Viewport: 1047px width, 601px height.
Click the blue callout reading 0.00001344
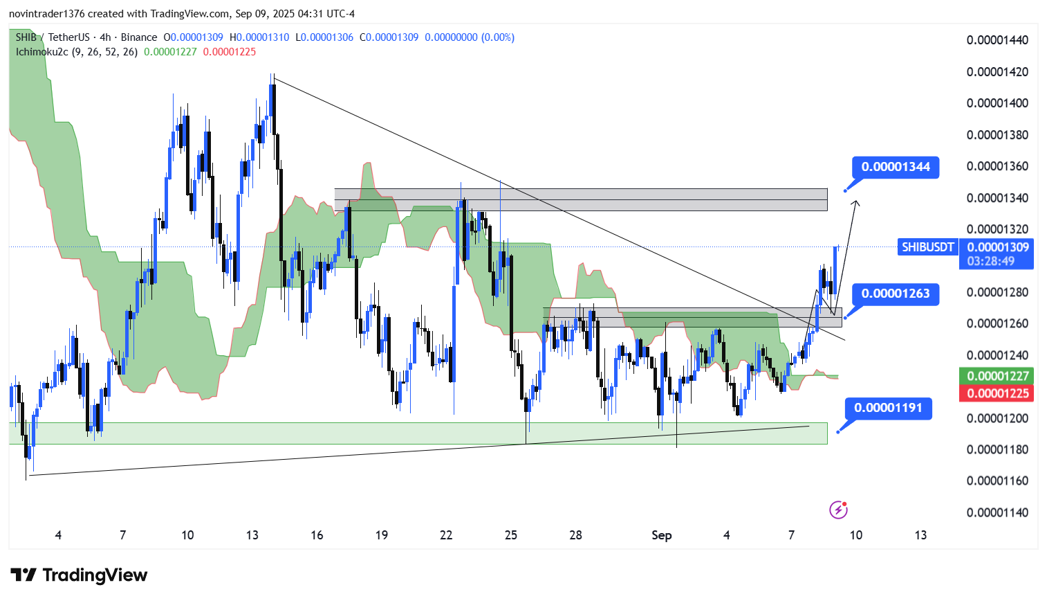(896, 167)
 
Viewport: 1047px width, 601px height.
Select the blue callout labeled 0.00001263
(896, 294)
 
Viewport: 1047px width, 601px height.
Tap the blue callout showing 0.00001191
(888, 408)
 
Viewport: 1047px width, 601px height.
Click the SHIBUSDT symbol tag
(927, 247)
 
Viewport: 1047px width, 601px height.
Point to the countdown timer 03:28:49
(990, 261)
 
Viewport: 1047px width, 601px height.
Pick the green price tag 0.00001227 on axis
(997, 376)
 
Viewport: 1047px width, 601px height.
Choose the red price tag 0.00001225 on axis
(997, 393)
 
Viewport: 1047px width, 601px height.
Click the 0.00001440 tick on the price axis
(997, 40)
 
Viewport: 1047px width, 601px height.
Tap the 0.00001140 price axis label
(997, 512)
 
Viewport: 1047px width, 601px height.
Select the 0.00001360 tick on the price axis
(997, 166)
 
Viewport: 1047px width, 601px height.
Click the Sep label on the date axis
(661, 535)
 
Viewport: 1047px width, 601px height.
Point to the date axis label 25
(511, 535)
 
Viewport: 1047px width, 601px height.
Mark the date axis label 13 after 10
(920, 535)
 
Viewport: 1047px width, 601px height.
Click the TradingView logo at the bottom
(79, 575)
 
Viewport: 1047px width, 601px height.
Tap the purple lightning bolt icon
(838, 510)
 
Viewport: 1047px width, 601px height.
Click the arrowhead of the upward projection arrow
(856, 202)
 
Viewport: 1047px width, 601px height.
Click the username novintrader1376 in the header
(46, 14)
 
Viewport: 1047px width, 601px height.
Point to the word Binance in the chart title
(138, 37)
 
